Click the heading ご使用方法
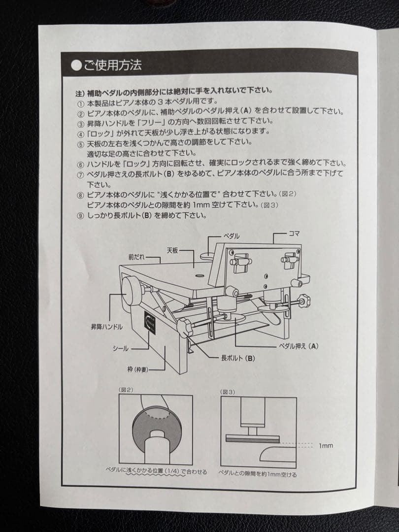pos(113,65)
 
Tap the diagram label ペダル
pos(232,236)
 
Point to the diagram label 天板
pos(172,250)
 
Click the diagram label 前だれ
pos(137,258)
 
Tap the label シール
pos(121,348)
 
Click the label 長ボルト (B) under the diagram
pos(238,358)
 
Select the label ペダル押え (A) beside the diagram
pos(299,346)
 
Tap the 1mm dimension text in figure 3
pos(326,446)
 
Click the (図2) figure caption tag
pos(126,390)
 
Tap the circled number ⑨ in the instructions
pos(81,216)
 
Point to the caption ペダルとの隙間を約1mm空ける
pos(258,474)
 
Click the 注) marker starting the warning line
pos(80,93)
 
